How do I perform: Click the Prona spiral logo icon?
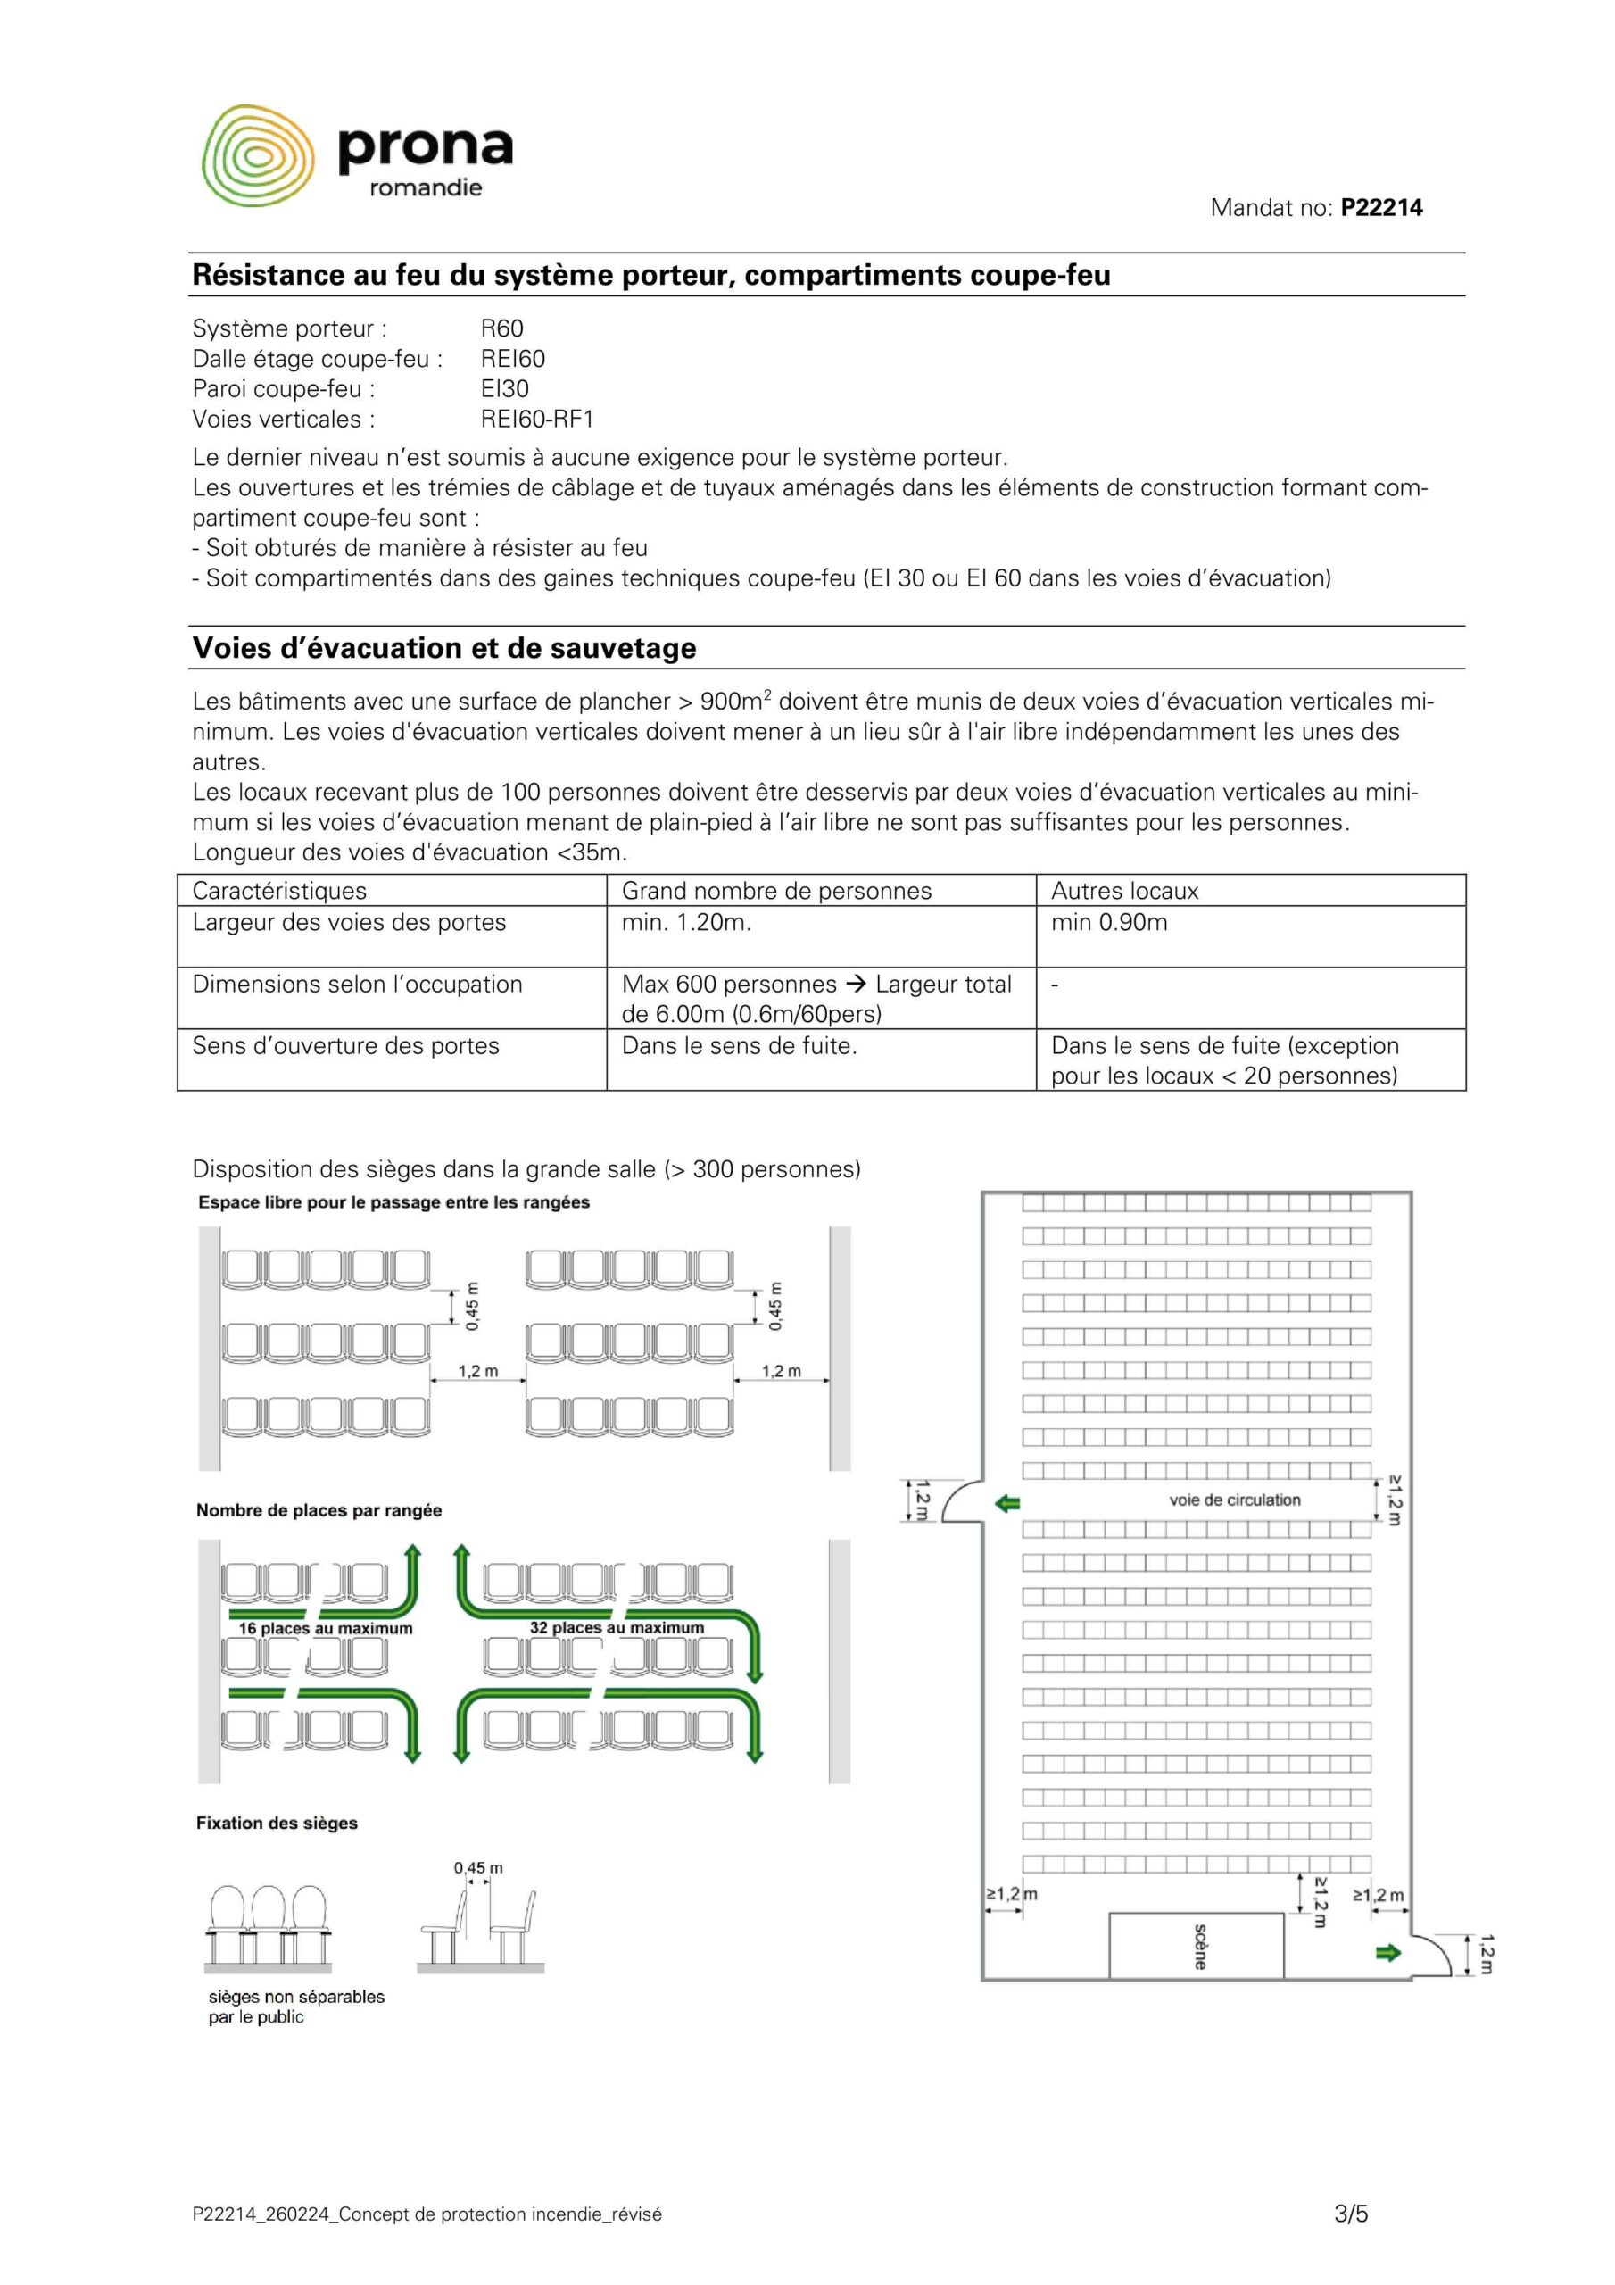[x=258, y=155]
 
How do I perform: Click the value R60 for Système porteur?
[x=501, y=328]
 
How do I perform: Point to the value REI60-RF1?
[x=536, y=419]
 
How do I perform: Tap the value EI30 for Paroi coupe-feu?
[x=504, y=389]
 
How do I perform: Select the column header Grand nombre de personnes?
[x=776, y=891]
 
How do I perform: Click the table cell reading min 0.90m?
[x=1108, y=923]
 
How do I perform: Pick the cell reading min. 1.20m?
[x=685, y=923]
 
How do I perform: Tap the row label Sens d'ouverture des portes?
[x=345, y=1046]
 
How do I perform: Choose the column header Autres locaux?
[x=1124, y=891]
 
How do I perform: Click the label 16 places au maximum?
[x=326, y=1628]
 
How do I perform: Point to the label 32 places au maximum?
[x=616, y=1627]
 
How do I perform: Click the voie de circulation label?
[x=1234, y=1500]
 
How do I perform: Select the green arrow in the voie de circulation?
[x=1008, y=1503]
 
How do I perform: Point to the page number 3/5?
[x=1351, y=2214]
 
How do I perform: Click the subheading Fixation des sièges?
[x=277, y=1824]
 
